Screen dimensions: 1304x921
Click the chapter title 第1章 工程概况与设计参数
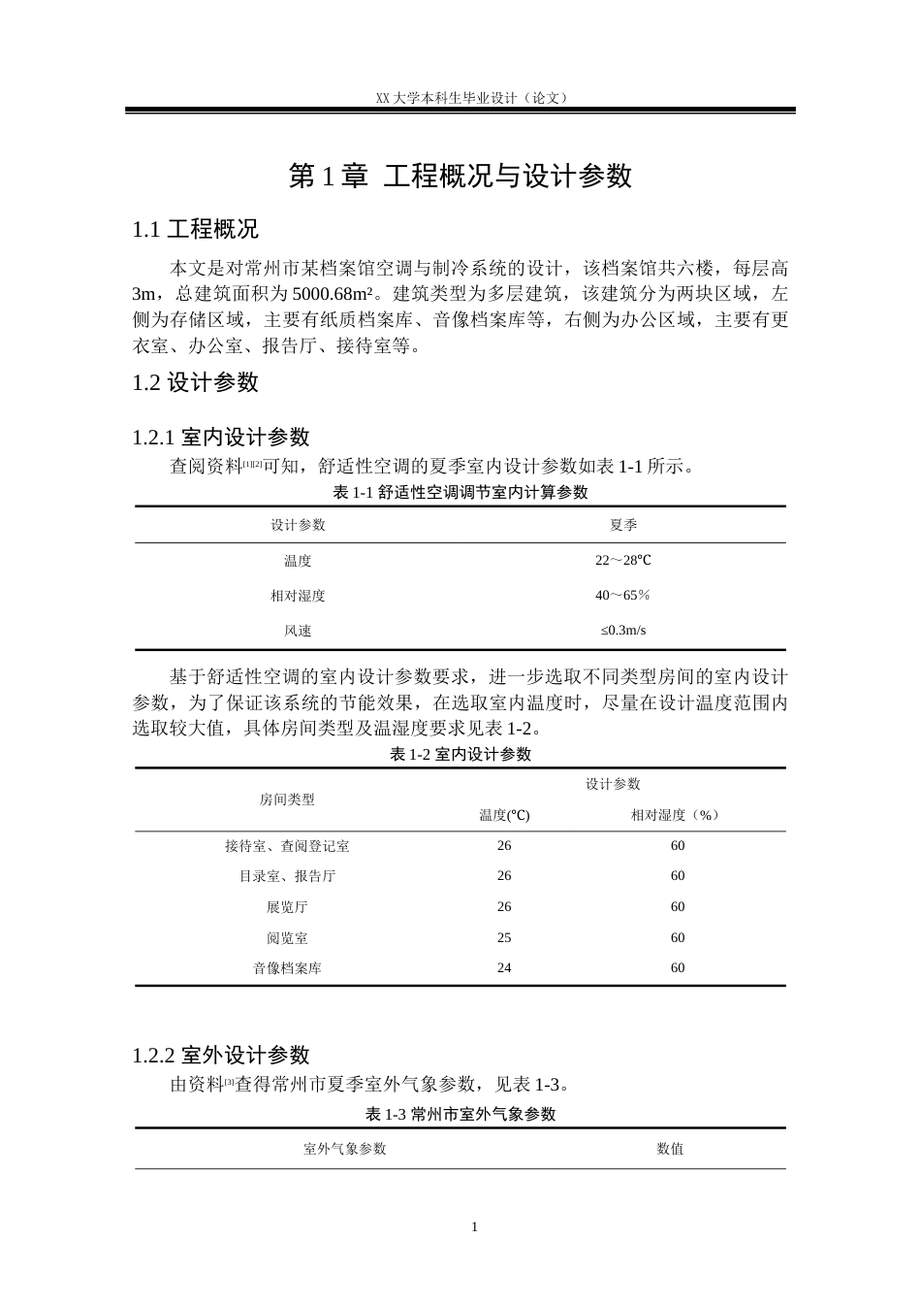pyautogui.click(x=460, y=176)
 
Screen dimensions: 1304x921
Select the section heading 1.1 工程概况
pyautogui.click(x=195, y=230)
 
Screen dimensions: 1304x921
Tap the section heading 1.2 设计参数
pyautogui.click(x=195, y=382)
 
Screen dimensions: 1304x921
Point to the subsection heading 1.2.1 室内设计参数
pyautogui.click(x=220, y=438)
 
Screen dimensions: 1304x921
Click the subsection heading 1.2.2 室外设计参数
pyautogui.click(x=220, y=1055)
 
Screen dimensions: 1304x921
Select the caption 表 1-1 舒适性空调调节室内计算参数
pyautogui.click(x=460, y=492)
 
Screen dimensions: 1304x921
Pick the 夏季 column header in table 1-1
pyautogui.click(x=623, y=525)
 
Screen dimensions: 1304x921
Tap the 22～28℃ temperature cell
pyautogui.click(x=623, y=561)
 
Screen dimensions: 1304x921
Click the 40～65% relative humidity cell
pyautogui.click(x=623, y=596)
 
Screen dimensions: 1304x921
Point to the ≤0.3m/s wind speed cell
pyautogui.click(x=623, y=631)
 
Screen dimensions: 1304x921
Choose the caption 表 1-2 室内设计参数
pyautogui.click(x=460, y=754)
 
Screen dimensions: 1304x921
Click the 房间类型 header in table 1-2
pyautogui.click(x=287, y=799)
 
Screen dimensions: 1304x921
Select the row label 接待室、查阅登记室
pyautogui.click(x=287, y=846)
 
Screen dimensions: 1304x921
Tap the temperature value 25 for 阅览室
pyautogui.click(x=504, y=938)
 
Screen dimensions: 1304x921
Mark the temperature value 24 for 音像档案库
pyautogui.click(x=504, y=968)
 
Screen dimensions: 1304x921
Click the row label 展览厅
pyautogui.click(x=287, y=907)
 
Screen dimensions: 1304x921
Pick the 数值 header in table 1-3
pyautogui.click(x=670, y=1149)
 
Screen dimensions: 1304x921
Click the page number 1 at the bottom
pyautogui.click(x=475, y=1226)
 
